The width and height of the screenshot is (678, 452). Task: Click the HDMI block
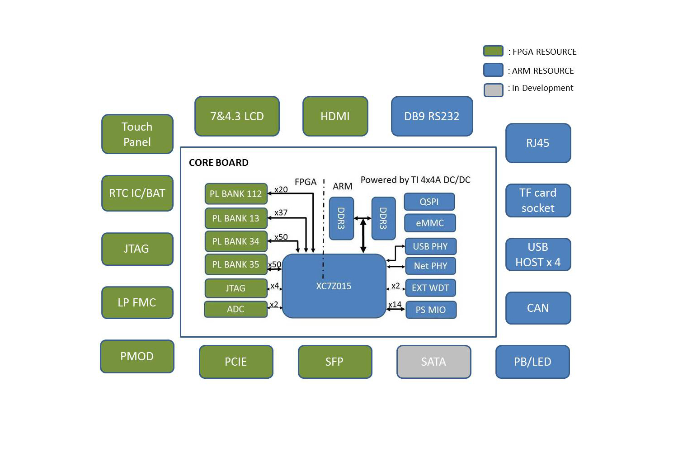335,116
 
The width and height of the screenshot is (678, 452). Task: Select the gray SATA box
433,362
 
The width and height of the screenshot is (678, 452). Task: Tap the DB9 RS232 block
432,116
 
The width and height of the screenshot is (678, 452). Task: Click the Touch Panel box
137,134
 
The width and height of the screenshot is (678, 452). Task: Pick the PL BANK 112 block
235,194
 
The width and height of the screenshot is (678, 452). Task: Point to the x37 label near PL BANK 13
281,212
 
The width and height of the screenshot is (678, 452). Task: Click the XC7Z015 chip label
334,286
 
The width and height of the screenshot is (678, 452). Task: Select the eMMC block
429,223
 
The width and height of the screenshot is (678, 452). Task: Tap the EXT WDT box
430,288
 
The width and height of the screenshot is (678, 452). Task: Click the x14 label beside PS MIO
395,304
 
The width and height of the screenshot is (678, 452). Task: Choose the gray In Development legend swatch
493,89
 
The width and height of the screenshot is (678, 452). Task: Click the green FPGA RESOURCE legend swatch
493,51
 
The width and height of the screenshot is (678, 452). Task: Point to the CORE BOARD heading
218,163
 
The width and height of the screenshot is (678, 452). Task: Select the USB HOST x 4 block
538,254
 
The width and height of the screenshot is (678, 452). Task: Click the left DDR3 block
341,218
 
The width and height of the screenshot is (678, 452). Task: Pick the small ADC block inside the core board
235,309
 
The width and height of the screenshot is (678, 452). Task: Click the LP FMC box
137,302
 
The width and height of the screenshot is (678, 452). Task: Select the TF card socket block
538,200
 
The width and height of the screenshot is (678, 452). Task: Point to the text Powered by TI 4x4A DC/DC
415,180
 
